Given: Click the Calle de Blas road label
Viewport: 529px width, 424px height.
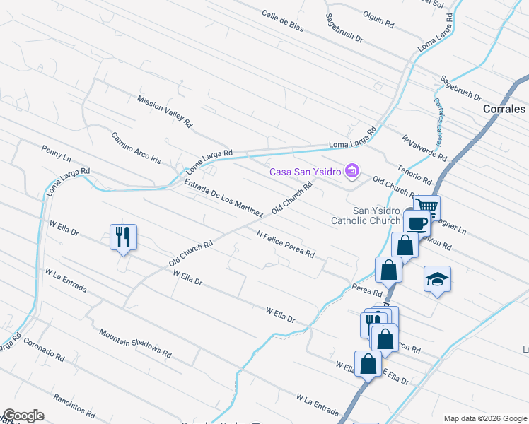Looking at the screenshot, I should click(282, 23).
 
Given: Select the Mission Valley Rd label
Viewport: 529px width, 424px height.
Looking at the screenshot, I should click(165, 112).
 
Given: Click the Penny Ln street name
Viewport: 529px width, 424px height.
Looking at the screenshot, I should click(57, 151).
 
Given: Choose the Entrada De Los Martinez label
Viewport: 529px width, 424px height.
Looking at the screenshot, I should click(223, 197).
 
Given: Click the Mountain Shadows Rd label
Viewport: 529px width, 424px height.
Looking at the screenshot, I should click(136, 343).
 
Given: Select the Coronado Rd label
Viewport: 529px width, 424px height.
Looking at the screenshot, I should click(44, 346).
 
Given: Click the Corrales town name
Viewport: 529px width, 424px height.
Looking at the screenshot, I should click(504, 110).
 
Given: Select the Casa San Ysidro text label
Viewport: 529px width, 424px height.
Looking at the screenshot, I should click(304, 171).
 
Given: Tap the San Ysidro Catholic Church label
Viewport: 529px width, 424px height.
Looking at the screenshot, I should click(366, 216).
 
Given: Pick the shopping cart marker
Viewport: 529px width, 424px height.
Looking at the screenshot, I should click(426, 206).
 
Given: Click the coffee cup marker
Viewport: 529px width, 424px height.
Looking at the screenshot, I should click(417, 222).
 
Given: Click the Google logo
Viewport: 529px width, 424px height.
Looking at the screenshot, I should click(23, 416).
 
